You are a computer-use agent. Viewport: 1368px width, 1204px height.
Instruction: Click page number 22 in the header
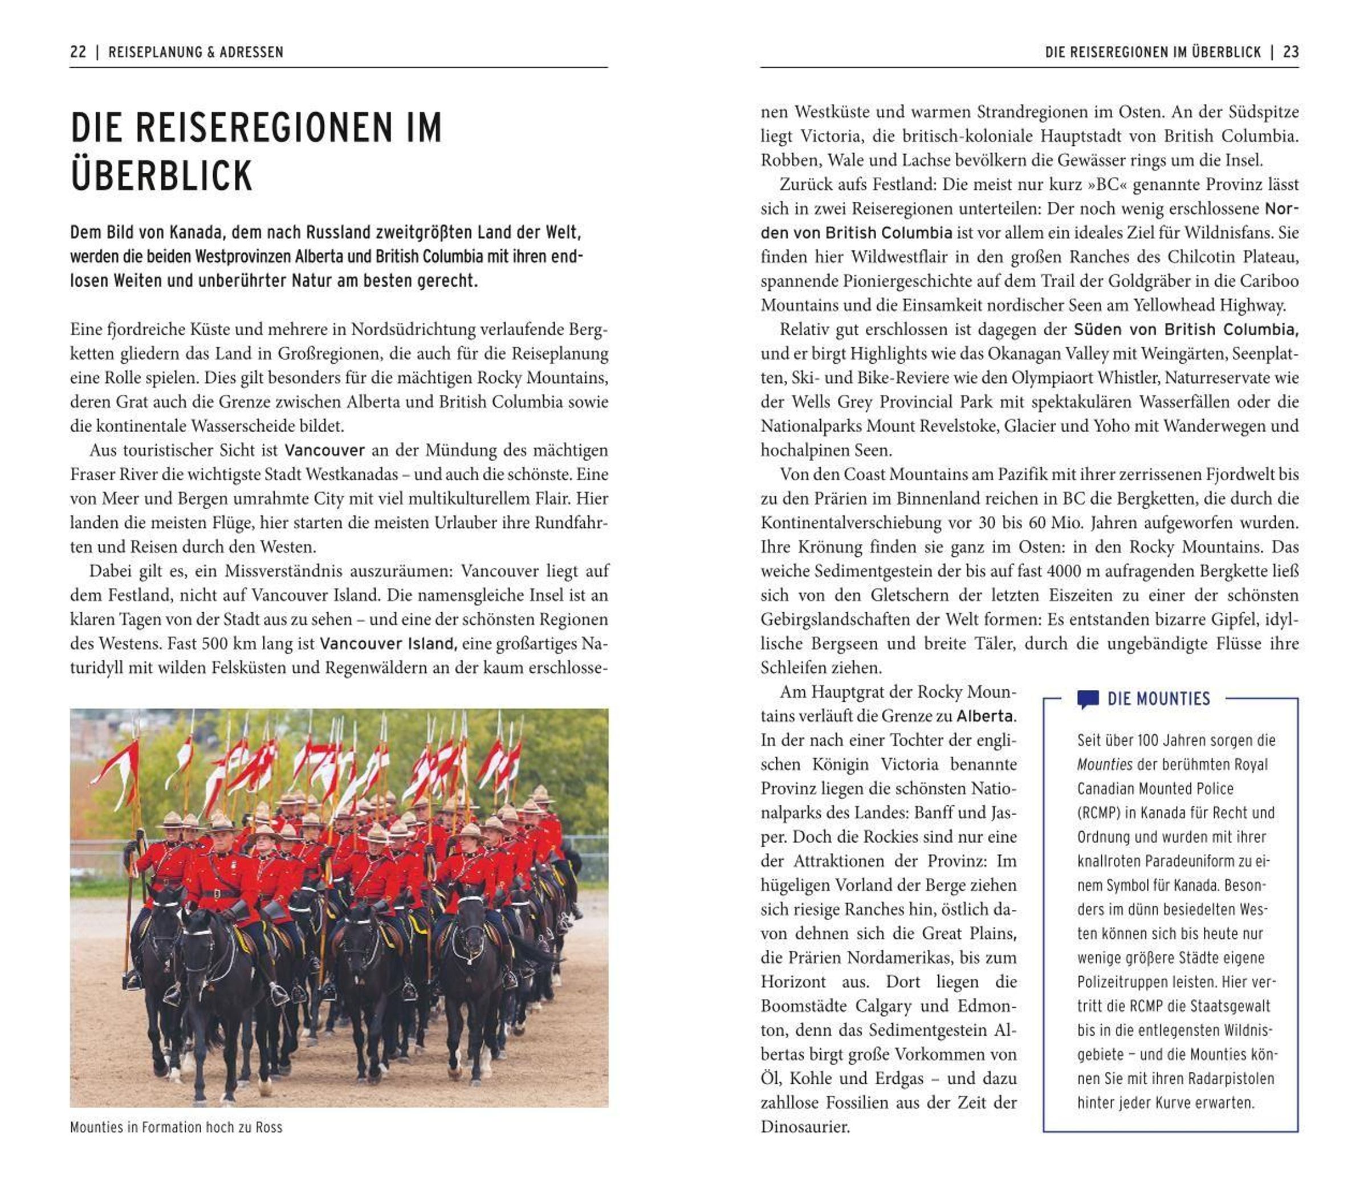coord(78,52)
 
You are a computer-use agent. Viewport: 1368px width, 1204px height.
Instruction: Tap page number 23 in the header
coord(1290,52)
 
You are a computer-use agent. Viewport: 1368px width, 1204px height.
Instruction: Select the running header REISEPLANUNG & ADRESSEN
coord(196,52)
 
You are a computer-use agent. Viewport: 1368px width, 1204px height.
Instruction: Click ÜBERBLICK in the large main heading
coord(161,176)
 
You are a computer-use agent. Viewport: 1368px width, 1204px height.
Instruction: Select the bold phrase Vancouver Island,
coord(388,644)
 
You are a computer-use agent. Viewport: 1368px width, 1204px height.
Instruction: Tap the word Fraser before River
coord(93,474)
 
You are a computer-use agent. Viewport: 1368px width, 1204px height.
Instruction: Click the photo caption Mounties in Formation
coord(176,1127)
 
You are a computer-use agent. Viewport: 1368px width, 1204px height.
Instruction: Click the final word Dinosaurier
coord(805,1127)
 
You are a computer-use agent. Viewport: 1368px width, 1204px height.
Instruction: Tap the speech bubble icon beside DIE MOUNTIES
coord(1088,699)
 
